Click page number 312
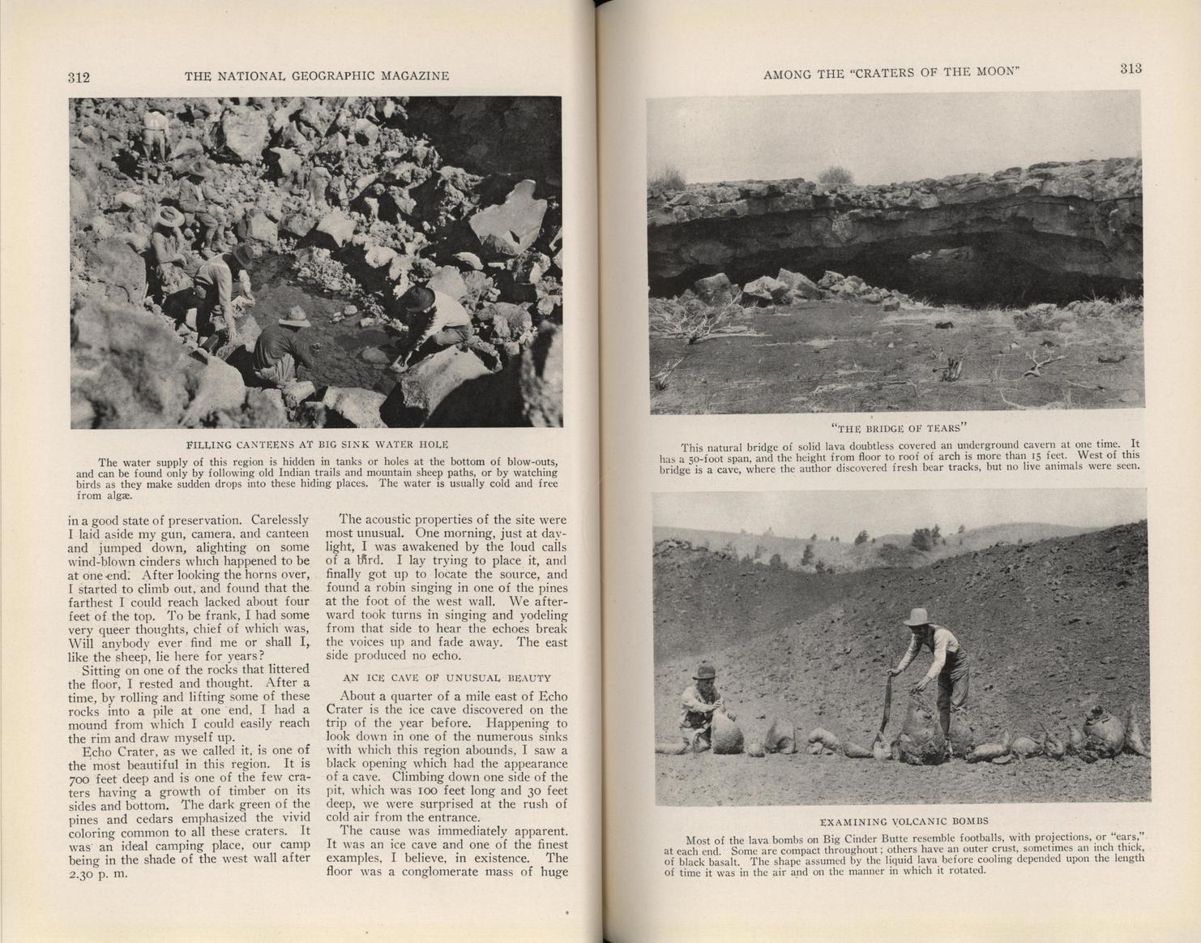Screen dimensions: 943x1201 pyautogui.click(x=79, y=78)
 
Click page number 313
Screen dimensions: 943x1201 pyautogui.click(x=1130, y=69)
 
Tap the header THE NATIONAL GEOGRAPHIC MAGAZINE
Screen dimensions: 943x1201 pyautogui.click(x=317, y=76)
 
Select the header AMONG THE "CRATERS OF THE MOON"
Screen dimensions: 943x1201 pyautogui.click(x=891, y=73)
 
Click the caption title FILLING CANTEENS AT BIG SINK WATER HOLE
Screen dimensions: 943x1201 pyautogui.click(x=317, y=444)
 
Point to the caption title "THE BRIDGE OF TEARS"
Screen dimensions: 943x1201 pyautogui.click(x=900, y=428)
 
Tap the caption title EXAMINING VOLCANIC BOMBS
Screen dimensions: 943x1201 pyautogui.click(x=904, y=821)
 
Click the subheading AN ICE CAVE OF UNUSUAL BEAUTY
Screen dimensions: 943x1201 pyautogui.click(x=447, y=678)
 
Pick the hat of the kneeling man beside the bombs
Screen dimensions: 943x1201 pyautogui.click(x=704, y=671)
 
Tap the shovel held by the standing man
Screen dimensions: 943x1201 pyautogui.click(x=884, y=713)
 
